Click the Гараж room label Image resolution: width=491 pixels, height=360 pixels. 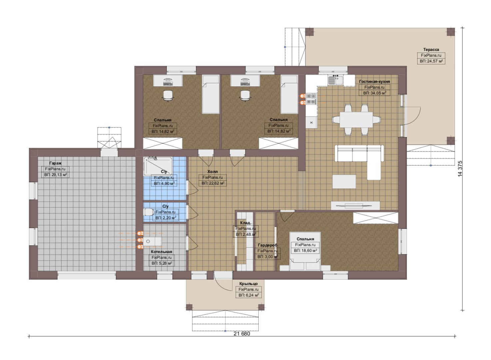coord(55,163)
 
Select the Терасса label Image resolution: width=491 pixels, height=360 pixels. coord(431,50)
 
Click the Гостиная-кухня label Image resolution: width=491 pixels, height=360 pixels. coord(374,82)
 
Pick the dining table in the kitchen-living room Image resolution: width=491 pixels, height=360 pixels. coord(356,120)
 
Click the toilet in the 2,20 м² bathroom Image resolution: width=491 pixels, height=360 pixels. coord(149,212)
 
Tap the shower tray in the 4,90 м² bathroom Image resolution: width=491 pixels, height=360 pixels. coord(158,166)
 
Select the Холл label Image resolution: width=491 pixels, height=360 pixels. coord(213,172)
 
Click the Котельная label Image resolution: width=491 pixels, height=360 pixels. coord(161,252)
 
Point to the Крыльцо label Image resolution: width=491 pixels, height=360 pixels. coord(248,284)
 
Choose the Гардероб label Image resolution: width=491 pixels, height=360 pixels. coord(267,245)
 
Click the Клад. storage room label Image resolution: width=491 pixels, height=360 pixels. coord(245,223)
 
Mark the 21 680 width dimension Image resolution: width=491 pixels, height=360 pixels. coord(242,334)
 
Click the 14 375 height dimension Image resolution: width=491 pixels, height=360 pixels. coord(460,169)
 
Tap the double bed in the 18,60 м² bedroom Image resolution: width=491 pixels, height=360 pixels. coord(305,251)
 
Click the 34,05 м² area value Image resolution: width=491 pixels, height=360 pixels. coord(374,93)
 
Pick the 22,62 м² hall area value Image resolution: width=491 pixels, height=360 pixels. coord(213,183)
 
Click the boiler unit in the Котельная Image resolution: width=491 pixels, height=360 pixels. coord(152,241)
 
